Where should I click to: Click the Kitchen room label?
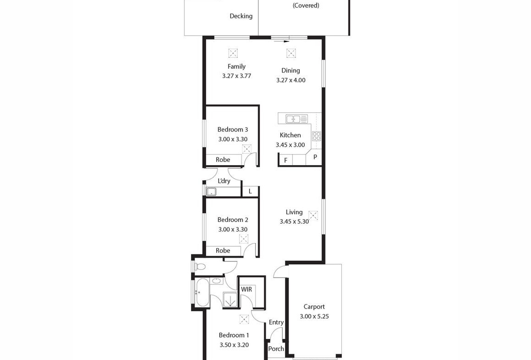290,135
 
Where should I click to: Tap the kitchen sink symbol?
296,119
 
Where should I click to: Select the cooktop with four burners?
317,136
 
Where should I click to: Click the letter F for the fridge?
286,161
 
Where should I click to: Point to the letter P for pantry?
315,157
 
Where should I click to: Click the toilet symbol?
200,267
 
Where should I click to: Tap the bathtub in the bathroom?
202,293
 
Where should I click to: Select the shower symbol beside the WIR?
231,300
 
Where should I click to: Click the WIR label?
246,289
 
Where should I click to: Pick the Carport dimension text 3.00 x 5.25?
314,316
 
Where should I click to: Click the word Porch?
276,349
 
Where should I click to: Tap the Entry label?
276,322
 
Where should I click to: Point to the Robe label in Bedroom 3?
223,160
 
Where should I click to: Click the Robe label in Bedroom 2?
223,251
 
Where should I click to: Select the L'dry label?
224,181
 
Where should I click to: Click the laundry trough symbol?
212,192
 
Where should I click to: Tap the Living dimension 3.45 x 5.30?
294,222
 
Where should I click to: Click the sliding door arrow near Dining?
281,42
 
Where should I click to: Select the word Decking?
241,16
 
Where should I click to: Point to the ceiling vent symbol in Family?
233,53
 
